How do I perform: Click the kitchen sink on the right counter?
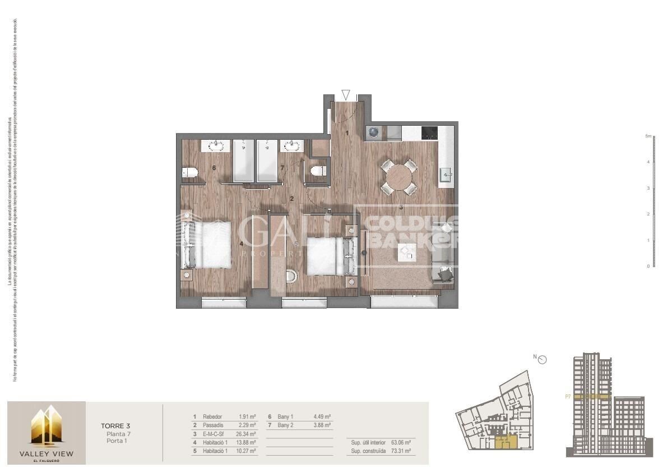[446, 175]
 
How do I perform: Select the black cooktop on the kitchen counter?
[429, 132]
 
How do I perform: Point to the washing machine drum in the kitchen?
[374, 133]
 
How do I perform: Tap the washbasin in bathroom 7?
[292, 146]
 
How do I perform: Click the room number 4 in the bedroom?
[242, 244]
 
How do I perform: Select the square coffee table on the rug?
[406, 252]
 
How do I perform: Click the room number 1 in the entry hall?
[348, 133]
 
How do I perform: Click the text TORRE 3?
[116, 426]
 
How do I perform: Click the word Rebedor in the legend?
[212, 417]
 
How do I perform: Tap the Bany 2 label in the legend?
[286, 425]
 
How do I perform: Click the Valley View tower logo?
[46, 427]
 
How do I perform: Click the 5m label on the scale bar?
[647, 136]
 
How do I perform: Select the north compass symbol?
[541, 360]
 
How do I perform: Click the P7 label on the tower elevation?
[568, 396]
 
